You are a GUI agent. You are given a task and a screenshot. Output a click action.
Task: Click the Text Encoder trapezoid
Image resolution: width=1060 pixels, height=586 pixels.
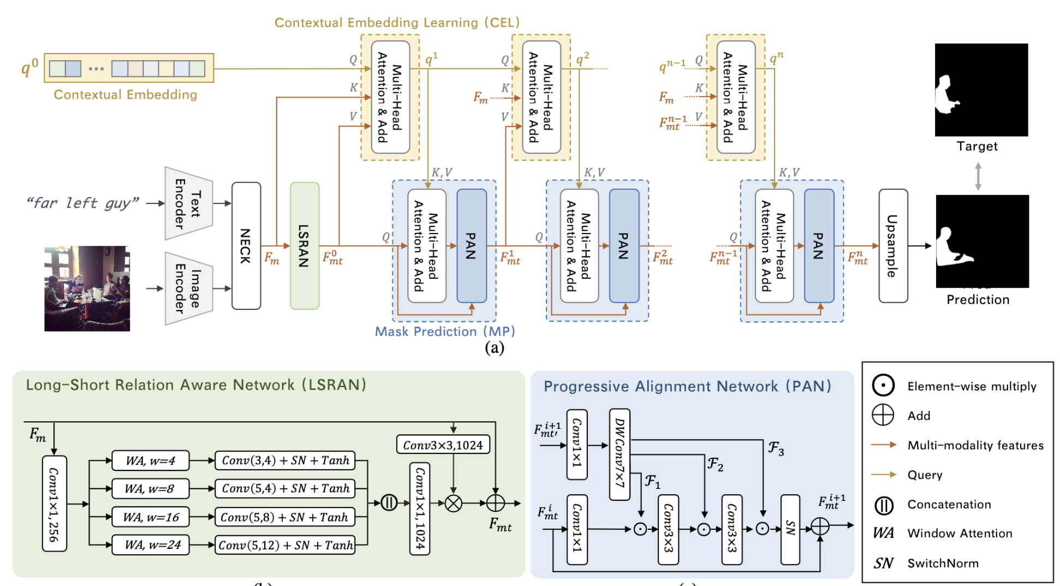click(x=188, y=203)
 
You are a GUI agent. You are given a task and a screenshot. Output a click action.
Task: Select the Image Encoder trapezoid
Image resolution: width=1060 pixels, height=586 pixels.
click(x=188, y=288)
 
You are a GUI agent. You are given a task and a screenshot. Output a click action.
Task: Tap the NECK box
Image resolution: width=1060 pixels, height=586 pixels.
click(x=246, y=246)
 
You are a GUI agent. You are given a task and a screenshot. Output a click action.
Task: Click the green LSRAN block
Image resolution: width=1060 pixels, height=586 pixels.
click(x=305, y=246)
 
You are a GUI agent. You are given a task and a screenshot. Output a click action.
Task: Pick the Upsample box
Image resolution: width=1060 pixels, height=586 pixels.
click(x=893, y=246)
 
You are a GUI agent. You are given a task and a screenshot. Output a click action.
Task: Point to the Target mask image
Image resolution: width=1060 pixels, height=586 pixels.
click(x=981, y=90)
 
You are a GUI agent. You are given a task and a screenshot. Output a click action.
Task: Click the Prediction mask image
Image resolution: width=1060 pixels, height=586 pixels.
click(x=982, y=241)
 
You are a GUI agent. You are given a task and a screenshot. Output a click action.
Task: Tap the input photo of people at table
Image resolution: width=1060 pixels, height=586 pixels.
click(x=87, y=288)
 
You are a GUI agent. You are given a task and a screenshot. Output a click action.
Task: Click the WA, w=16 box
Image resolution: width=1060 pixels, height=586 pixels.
click(x=151, y=517)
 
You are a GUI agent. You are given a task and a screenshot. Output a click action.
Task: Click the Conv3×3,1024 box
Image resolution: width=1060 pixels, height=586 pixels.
click(x=443, y=445)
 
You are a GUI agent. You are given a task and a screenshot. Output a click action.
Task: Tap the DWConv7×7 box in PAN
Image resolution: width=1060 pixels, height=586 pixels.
click(x=620, y=454)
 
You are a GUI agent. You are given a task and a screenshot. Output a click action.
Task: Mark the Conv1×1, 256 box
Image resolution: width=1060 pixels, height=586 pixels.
click(x=54, y=503)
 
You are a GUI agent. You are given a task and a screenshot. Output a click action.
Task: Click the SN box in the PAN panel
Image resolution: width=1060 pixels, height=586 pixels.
click(x=790, y=529)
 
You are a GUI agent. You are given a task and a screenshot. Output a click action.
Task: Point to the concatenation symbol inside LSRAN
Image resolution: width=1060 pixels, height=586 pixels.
click(x=389, y=503)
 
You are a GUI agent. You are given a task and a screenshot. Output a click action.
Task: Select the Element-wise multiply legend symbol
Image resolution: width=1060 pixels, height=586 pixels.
click(x=883, y=386)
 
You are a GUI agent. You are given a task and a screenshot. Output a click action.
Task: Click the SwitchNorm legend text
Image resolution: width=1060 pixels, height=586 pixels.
click(x=943, y=563)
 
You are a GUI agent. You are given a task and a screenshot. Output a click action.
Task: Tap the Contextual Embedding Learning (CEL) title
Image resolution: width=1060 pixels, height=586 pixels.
click(x=397, y=22)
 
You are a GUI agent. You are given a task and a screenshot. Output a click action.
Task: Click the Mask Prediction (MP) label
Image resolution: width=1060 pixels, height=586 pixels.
click(x=445, y=331)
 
